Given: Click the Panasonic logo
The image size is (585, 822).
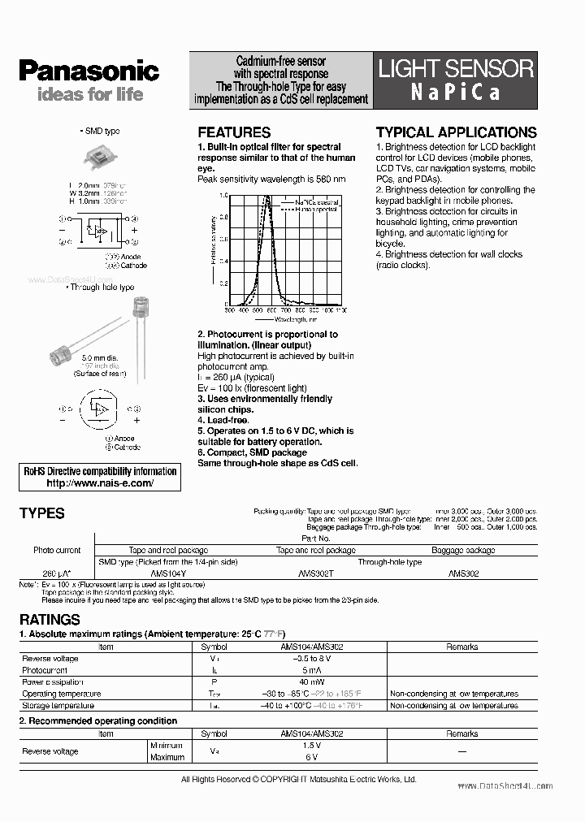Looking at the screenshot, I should click(x=89, y=71).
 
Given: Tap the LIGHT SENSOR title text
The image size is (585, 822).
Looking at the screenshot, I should click(x=456, y=68).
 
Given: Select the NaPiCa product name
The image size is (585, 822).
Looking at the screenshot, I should click(x=455, y=92).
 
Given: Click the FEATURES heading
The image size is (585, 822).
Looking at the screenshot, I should click(x=234, y=132).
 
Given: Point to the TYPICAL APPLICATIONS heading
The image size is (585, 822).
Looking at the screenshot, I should click(x=456, y=132).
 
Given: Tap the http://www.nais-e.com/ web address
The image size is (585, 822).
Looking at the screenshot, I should click(x=100, y=482).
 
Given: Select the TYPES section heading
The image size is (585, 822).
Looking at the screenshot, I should click(x=41, y=513).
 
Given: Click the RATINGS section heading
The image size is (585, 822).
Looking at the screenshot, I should click(x=50, y=620).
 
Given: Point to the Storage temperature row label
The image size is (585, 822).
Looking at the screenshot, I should click(x=58, y=706).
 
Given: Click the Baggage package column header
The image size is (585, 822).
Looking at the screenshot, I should click(x=463, y=550).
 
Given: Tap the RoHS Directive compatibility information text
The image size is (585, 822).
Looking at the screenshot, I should click(x=100, y=471).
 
